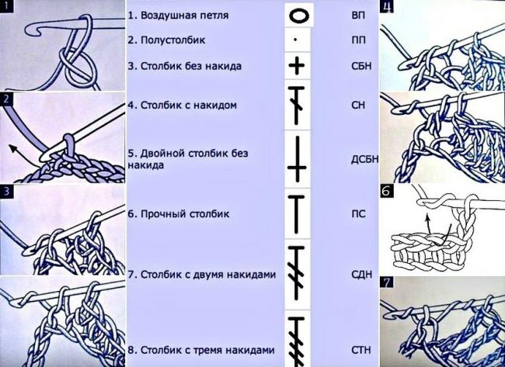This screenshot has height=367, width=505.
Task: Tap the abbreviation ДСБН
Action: [x=363, y=160]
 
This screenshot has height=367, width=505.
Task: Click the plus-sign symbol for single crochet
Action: [x=296, y=65]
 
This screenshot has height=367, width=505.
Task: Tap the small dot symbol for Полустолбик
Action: [x=296, y=37]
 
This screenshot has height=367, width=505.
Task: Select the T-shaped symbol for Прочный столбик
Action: [x=298, y=211]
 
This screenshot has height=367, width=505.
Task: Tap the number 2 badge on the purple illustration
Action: [x=6, y=99]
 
